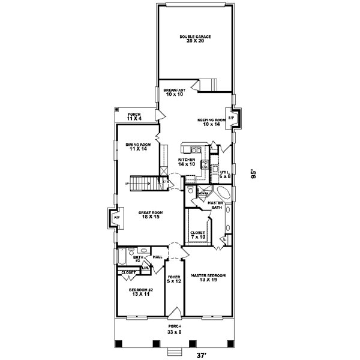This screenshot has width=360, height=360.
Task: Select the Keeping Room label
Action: [x=211, y=122]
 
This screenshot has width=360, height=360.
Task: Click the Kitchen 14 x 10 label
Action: [x=185, y=161]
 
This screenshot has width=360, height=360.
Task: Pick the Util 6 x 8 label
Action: [x=224, y=174]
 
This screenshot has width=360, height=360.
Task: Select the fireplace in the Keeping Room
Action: [x=232, y=118]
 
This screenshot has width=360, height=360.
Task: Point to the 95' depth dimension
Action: [x=254, y=174]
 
